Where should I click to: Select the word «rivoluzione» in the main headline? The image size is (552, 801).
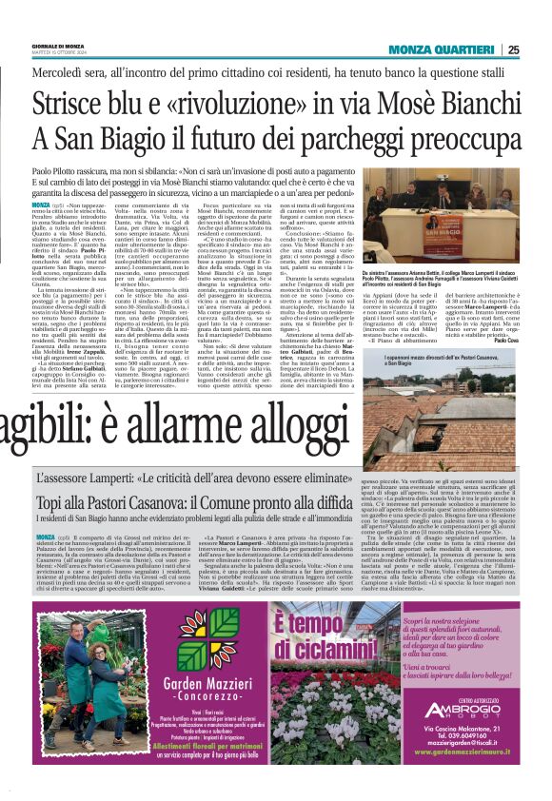coord(226,101)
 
